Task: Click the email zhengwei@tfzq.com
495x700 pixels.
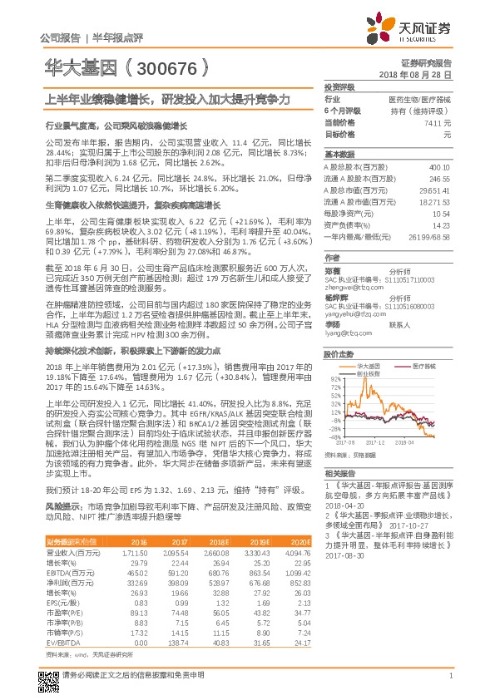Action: pos(350,264)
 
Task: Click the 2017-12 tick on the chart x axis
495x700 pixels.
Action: pos(390,441)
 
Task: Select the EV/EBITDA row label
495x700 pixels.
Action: pos(63,643)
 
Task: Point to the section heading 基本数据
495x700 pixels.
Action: pos(339,155)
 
